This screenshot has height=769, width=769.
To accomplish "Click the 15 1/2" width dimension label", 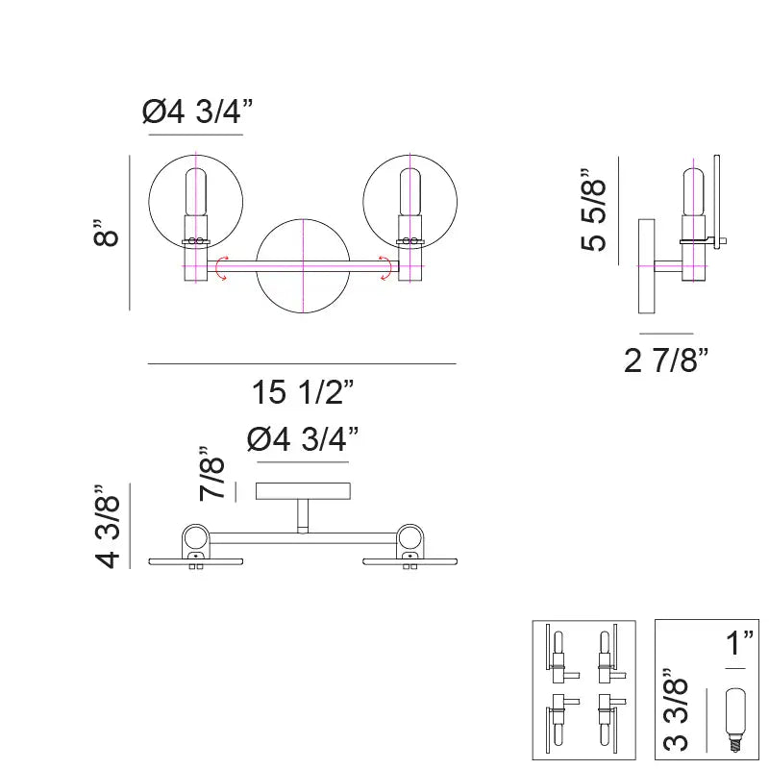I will (303, 393).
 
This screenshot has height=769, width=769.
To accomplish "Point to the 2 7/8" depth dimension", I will (666, 360).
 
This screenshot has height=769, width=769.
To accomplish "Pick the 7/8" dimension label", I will (212, 473).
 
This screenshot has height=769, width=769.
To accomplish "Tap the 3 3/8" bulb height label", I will (677, 714).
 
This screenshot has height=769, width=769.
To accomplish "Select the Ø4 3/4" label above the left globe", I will (197, 112).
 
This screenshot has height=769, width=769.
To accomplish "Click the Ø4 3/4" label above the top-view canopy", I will (303, 439).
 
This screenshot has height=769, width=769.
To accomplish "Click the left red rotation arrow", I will (221, 268).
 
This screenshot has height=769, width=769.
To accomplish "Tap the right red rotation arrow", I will (386, 268).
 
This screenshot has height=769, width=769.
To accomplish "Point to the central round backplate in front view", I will (303, 266).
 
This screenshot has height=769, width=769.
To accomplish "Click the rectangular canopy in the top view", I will (303, 491).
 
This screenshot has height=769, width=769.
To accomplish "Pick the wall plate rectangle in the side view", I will (646, 266).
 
